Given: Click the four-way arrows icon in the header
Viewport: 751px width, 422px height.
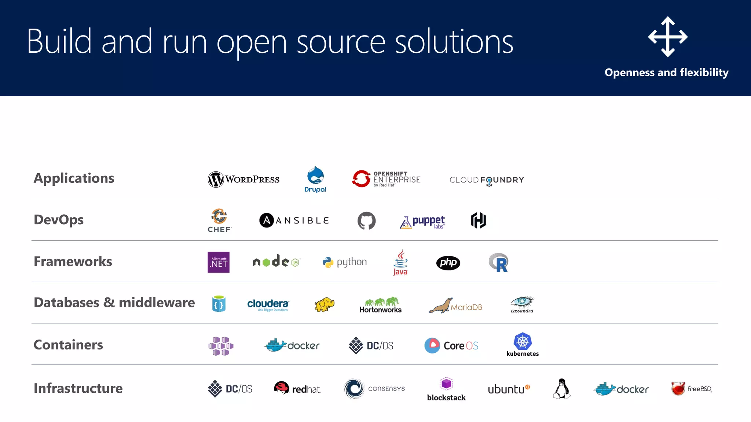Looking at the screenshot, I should click(668, 37).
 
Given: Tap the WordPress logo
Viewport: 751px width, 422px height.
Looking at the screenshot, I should click(243, 179).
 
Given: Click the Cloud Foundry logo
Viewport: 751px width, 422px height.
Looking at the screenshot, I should click(487, 180).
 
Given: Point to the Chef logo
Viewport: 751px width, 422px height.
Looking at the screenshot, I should click(219, 221).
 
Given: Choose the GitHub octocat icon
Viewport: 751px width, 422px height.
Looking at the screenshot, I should click(367, 221).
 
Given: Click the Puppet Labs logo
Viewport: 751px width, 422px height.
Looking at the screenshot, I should click(422, 222).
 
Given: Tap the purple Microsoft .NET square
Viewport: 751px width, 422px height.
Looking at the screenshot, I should click(219, 262).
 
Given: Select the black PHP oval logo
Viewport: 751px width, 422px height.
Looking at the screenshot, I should click(448, 263).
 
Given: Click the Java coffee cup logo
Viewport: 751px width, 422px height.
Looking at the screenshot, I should click(400, 262).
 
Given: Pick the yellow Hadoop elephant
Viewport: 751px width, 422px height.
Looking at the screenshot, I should click(325, 304).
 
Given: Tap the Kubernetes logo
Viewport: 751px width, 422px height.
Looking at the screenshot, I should click(523, 345).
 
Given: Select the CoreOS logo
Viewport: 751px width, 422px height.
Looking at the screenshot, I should click(451, 345).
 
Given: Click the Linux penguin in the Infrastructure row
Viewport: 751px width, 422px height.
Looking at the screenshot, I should click(561, 389).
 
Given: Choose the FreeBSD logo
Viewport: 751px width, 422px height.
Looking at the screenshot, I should click(692, 389).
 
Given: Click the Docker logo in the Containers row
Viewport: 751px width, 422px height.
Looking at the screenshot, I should click(292, 345).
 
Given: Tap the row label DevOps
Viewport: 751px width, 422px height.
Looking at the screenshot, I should click(59, 220).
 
